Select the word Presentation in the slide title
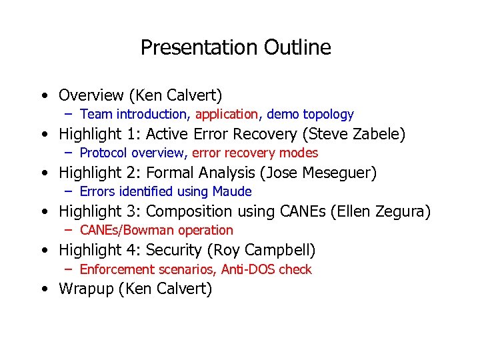pos(199,47)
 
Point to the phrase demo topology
pos(310,115)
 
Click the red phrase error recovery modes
pos(255,153)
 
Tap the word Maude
pos(232,192)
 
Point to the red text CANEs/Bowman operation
pos(156,231)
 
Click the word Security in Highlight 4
pos(175,250)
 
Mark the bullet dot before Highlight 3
pos(43,212)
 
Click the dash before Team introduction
pos(69,115)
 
